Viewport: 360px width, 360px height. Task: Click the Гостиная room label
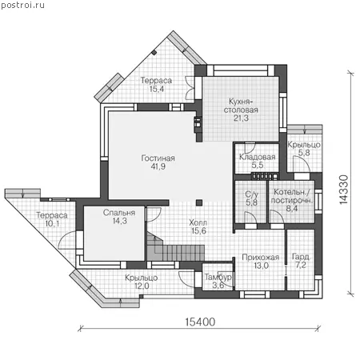(158, 158)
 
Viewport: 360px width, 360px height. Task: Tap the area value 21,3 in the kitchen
(241, 118)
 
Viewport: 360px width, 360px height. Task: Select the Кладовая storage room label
(257, 157)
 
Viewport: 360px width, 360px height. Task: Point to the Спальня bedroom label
(119, 213)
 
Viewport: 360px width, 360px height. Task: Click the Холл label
(198, 222)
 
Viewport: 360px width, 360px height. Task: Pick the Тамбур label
(218, 278)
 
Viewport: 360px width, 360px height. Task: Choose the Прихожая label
(261, 258)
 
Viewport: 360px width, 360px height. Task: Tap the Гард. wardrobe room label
(301, 257)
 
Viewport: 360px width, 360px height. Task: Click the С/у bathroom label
(251, 194)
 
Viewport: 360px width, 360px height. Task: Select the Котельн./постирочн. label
(292, 196)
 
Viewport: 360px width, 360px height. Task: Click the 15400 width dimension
(200, 322)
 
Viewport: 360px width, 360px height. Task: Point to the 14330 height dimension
(344, 190)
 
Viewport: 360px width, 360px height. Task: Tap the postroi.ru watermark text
(22, 5)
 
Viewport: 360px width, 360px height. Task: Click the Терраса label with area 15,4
(156, 81)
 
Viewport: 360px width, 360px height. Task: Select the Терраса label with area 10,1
(52, 215)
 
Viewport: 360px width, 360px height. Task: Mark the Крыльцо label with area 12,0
(142, 278)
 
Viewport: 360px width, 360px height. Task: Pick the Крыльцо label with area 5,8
(304, 145)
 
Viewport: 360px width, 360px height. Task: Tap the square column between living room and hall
(199, 202)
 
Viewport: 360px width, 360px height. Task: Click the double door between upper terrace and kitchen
(190, 88)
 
